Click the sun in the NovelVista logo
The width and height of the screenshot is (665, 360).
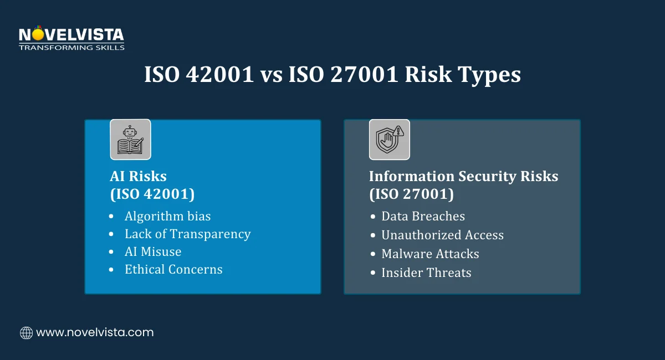click(38, 34)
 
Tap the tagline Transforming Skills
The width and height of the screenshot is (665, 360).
click(71, 48)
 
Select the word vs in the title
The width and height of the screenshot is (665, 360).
click(272, 76)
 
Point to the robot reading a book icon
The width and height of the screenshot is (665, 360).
click(130, 140)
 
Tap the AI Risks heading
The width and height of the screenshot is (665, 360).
click(138, 176)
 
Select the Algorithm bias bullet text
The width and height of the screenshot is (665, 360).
click(168, 217)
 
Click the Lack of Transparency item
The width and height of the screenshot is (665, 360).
click(188, 234)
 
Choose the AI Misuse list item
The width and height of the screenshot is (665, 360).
click(153, 251)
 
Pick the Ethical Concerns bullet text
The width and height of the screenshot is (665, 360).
click(173, 270)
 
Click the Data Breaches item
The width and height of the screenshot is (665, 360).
click(423, 216)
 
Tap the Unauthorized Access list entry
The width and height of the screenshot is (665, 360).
click(443, 235)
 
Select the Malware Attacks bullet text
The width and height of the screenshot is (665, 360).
click(430, 254)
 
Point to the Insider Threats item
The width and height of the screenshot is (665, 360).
click(426, 272)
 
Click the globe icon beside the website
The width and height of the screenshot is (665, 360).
click(26, 333)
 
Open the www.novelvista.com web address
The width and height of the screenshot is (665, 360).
click(95, 332)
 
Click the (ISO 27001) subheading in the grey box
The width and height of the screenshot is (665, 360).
click(411, 194)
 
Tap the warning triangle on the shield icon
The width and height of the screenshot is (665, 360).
click(398, 131)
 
